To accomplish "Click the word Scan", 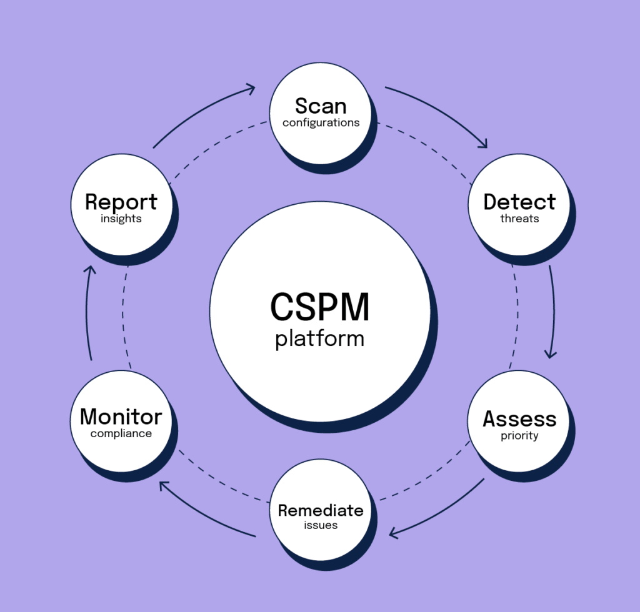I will point(321,106).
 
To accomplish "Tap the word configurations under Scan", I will point(321,123).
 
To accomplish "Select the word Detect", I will point(519,202).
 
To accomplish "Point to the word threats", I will point(519,219).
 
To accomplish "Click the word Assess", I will point(519,419).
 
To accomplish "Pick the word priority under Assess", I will point(519,436).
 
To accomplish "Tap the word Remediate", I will point(321,510).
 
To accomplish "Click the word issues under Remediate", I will point(321,526).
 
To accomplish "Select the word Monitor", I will point(121,417).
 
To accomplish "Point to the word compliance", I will point(121,433).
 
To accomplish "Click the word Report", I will point(121,202).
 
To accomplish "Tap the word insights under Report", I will point(121,219).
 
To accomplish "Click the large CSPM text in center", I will point(320,307).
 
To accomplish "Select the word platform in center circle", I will point(320,339).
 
